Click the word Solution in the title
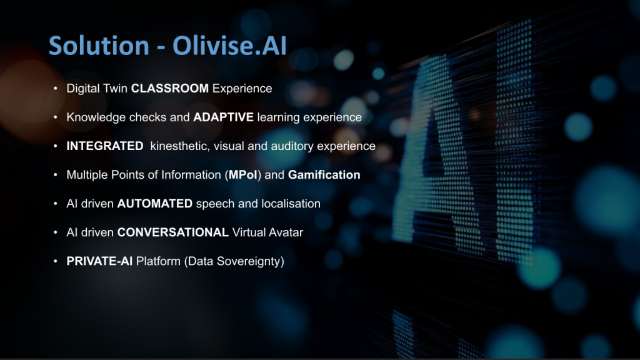coord(99,45)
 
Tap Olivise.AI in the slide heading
coord(229,45)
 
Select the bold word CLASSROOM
coord(170,89)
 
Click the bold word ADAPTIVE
coord(223,117)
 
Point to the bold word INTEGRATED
coord(105,146)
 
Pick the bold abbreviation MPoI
coord(243,175)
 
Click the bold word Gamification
coord(324,175)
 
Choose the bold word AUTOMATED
coord(155,204)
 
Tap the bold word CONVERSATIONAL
coord(172,232)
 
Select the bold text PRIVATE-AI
coord(99,261)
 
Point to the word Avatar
coord(286,232)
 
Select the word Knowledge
coord(96,117)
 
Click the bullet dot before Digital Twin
coord(56,88)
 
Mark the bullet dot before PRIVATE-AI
coord(56,261)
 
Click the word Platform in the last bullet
coord(158,261)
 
